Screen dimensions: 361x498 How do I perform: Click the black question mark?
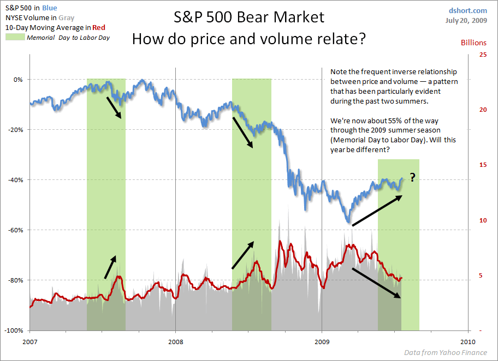click(x=413, y=178)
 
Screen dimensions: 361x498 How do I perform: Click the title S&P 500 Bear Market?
click(x=249, y=17)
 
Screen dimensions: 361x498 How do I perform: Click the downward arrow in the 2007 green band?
click(x=114, y=108)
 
